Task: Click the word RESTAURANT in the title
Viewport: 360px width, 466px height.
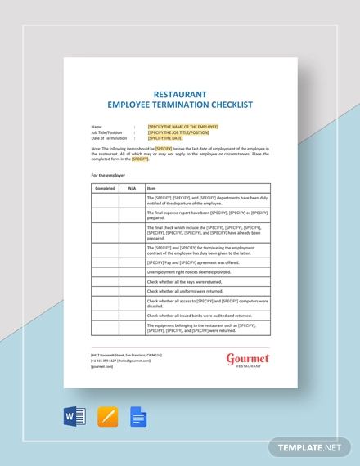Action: point(180,94)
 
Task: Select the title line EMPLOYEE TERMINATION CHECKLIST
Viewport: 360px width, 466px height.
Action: point(180,105)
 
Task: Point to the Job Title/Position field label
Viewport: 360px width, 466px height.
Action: point(107,132)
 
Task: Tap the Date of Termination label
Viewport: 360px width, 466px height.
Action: point(109,138)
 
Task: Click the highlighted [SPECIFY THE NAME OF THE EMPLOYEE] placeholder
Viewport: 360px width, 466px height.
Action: point(183,127)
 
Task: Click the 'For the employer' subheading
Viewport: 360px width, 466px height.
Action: point(108,175)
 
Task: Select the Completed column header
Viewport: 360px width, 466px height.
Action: point(105,188)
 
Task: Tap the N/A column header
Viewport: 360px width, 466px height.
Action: point(132,188)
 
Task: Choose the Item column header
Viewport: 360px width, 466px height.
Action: point(151,188)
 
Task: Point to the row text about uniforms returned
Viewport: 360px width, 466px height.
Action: point(185,291)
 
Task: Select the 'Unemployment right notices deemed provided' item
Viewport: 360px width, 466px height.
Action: point(188,272)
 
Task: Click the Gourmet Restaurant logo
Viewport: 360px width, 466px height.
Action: point(247,361)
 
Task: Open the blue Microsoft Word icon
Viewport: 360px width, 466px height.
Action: point(74,417)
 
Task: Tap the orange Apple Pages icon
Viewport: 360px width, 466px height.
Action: point(107,417)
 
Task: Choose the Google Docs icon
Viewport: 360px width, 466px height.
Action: point(138,417)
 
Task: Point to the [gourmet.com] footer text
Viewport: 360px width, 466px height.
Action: point(103,367)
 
